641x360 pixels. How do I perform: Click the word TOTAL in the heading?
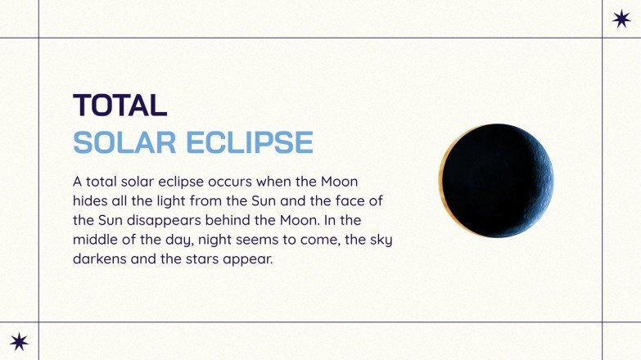120,106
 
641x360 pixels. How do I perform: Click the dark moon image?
499,181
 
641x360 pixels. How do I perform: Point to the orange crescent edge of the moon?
443,181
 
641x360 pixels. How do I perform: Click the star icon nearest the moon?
622,19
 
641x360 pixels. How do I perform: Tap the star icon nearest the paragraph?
19,341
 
